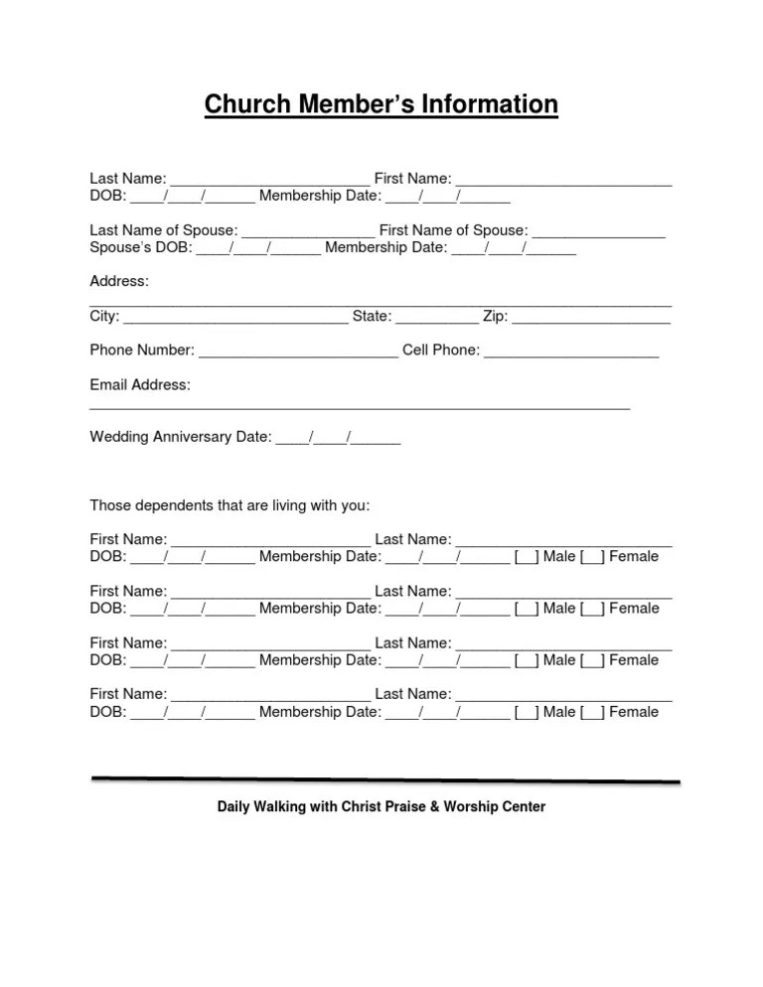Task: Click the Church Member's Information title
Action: (x=381, y=104)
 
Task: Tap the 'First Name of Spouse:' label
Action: (x=453, y=230)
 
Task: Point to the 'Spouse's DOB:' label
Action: (x=140, y=247)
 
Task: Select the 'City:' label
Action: (x=104, y=317)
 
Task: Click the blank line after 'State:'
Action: (x=437, y=319)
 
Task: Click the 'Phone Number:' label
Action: (x=142, y=351)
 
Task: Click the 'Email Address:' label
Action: (x=140, y=385)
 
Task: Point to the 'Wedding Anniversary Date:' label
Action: (x=181, y=437)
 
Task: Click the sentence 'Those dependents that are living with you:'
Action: (x=229, y=505)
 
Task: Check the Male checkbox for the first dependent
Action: (x=527, y=557)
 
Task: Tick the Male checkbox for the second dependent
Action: (x=527, y=609)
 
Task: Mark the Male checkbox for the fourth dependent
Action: (x=527, y=712)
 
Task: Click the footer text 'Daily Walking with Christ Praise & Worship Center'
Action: (x=381, y=807)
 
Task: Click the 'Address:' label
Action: (x=119, y=282)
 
